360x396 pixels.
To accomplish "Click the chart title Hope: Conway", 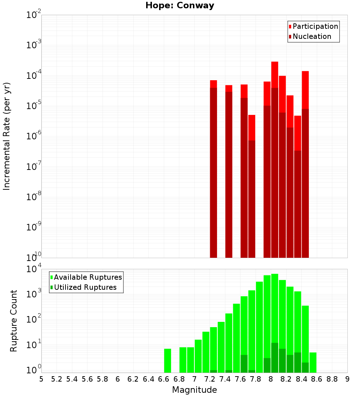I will (x=180, y=6).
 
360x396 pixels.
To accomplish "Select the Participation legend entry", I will (x=315, y=26).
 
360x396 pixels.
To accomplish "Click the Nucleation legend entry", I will (x=311, y=36).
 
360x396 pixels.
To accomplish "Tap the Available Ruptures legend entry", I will (x=87, y=277).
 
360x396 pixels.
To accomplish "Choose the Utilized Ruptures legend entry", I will (x=85, y=287).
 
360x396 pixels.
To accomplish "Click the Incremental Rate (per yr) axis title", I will (x=7, y=136).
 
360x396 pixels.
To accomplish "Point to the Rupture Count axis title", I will (x=14, y=321).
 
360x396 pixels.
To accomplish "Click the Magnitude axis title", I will (x=194, y=390).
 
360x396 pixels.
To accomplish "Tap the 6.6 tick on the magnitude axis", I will (x=164, y=379).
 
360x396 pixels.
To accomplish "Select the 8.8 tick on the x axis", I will (x=332, y=379).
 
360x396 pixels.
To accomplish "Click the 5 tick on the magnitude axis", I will (x=41, y=379).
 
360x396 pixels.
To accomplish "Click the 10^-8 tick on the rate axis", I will (x=33, y=197).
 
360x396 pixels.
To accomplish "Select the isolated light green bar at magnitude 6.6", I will (x=167, y=360).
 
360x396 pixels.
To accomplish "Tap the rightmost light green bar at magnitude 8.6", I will (x=313, y=362).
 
